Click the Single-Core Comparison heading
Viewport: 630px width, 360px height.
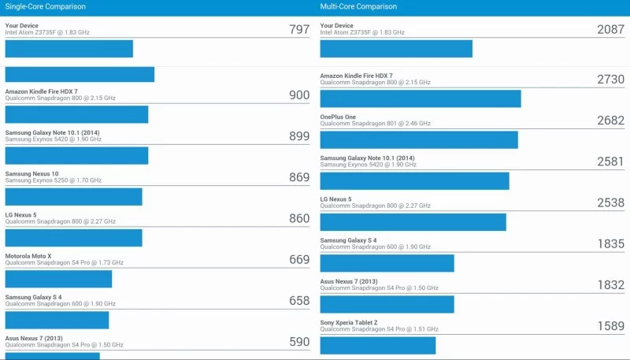coord(46,7)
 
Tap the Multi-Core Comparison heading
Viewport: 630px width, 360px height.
coord(359,7)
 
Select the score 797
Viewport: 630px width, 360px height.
coord(299,30)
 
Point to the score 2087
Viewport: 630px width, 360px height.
coord(610,30)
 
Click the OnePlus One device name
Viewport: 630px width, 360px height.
coord(338,117)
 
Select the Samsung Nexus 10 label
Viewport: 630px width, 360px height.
coord(31,173)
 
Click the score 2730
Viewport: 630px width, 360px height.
coord(610,80)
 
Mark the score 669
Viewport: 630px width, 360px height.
coord(299,260)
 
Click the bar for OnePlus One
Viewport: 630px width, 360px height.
coord(419,139)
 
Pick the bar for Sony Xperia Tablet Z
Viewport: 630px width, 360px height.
coord(378,346)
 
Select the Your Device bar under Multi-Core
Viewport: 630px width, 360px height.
coord(396,49)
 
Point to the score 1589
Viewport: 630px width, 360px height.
coord(610,326)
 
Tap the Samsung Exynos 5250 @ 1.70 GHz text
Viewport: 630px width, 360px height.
coord(54,180)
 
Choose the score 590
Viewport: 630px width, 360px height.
coord(299,342)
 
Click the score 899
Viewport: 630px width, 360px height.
coord(299,136)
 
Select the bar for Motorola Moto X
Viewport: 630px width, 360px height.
coord(58,279)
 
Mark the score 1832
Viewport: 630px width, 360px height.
coord(610,285)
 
